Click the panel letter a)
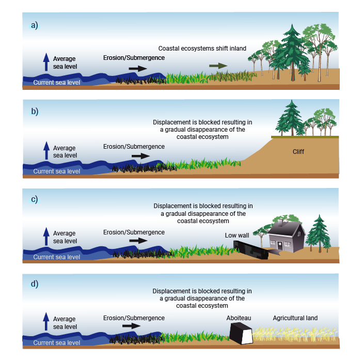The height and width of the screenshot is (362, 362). pos(35,25)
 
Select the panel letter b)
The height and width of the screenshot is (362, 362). pos(35,111)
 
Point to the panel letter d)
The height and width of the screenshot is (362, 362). pos(35,284)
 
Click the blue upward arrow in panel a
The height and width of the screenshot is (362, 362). pos(46,61)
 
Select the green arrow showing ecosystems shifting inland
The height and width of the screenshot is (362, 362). pos(218,66)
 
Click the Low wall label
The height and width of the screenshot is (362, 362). pos(237,235)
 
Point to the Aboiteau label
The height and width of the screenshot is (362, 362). pos(238,318)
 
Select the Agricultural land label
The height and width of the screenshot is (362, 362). pos(295,318)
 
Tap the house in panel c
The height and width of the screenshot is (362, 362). pos(286,235)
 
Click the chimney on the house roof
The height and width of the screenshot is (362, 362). pos(280,223)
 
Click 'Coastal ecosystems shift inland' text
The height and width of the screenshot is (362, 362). pos(202,48)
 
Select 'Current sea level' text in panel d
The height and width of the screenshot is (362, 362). pos(57,343)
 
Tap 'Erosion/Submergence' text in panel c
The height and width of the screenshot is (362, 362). pos(134,232)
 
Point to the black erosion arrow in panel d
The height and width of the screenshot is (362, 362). pos(131,326)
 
